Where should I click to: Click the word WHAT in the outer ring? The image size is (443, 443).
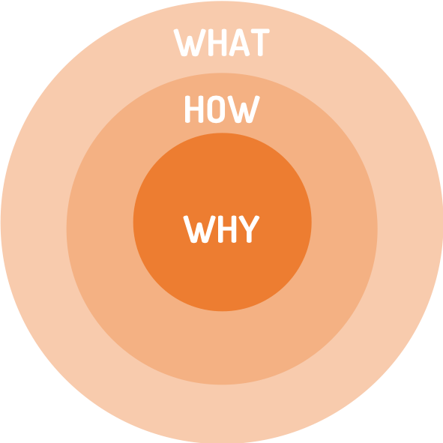[x=222, y=43]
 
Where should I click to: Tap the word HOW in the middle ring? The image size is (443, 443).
[x=223, y=109]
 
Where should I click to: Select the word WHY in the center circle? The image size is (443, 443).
[x=221, y=229]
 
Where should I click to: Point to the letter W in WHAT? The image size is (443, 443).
[x=190, y=43]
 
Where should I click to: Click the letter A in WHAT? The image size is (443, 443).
[x=239, y=43]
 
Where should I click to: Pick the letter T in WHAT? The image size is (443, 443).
[x=260, y=43]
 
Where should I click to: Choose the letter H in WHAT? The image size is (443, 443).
[x=217, y=43]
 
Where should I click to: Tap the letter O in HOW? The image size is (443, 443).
[x=216, y=109]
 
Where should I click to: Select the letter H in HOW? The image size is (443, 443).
[x=194, y=109]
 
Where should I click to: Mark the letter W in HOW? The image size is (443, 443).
[x=244, y=109]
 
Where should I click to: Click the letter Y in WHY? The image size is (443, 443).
[x=249, y=229]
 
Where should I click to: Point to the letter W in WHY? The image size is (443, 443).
[x=199, y=229]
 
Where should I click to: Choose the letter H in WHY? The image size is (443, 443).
[x=227, y=229]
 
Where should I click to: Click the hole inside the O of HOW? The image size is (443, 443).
[x=216, y=109]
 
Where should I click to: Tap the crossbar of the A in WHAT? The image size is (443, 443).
[x=239, y=48]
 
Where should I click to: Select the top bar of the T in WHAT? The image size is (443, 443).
[x=260, y=31]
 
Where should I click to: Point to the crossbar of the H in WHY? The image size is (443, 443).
[x=227, y=229]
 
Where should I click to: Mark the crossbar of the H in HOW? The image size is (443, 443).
[x=194, y=109]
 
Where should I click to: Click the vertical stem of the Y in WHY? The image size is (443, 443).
[x=249, y=236]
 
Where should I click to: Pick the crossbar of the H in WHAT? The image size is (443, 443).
[x=217, y=42]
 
